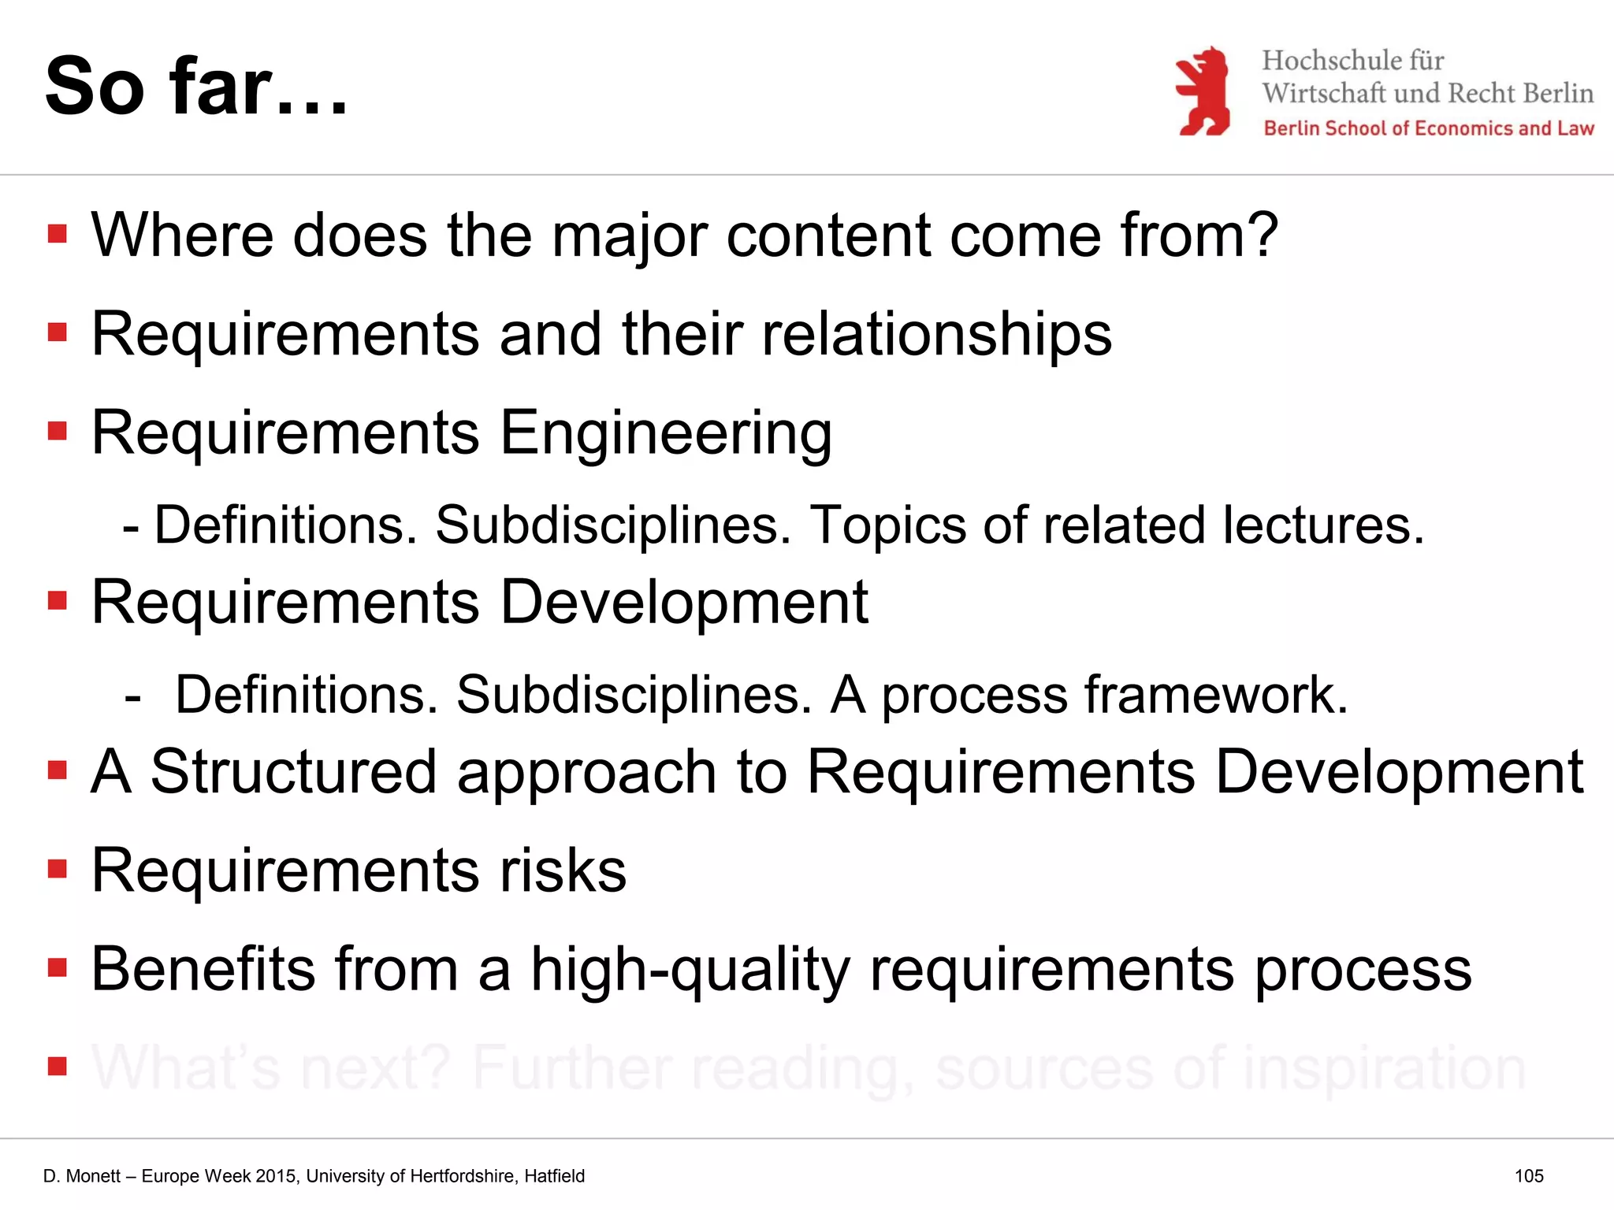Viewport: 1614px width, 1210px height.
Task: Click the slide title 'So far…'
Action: [x=196, y=87]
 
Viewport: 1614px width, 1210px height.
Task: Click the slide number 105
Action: [x=1528, y=1176]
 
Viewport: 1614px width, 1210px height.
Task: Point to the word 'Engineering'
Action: [x=666, y=432]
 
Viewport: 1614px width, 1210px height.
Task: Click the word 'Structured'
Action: [x=293, y=772]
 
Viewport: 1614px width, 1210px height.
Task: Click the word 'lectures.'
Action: [x=1323, y=525]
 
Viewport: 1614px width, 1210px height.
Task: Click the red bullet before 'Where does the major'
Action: [x=58, y=234]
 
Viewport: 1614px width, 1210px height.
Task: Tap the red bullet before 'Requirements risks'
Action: [x=58, y=869]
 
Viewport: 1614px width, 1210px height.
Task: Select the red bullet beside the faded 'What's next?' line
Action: [x=58, y=1066]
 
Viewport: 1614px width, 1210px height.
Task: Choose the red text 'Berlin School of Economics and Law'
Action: [x=1428, y=128]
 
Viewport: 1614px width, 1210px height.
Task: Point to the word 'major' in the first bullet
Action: [x=630, y=236]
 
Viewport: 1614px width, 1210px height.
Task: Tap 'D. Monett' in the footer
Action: [x=82, y=1176]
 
